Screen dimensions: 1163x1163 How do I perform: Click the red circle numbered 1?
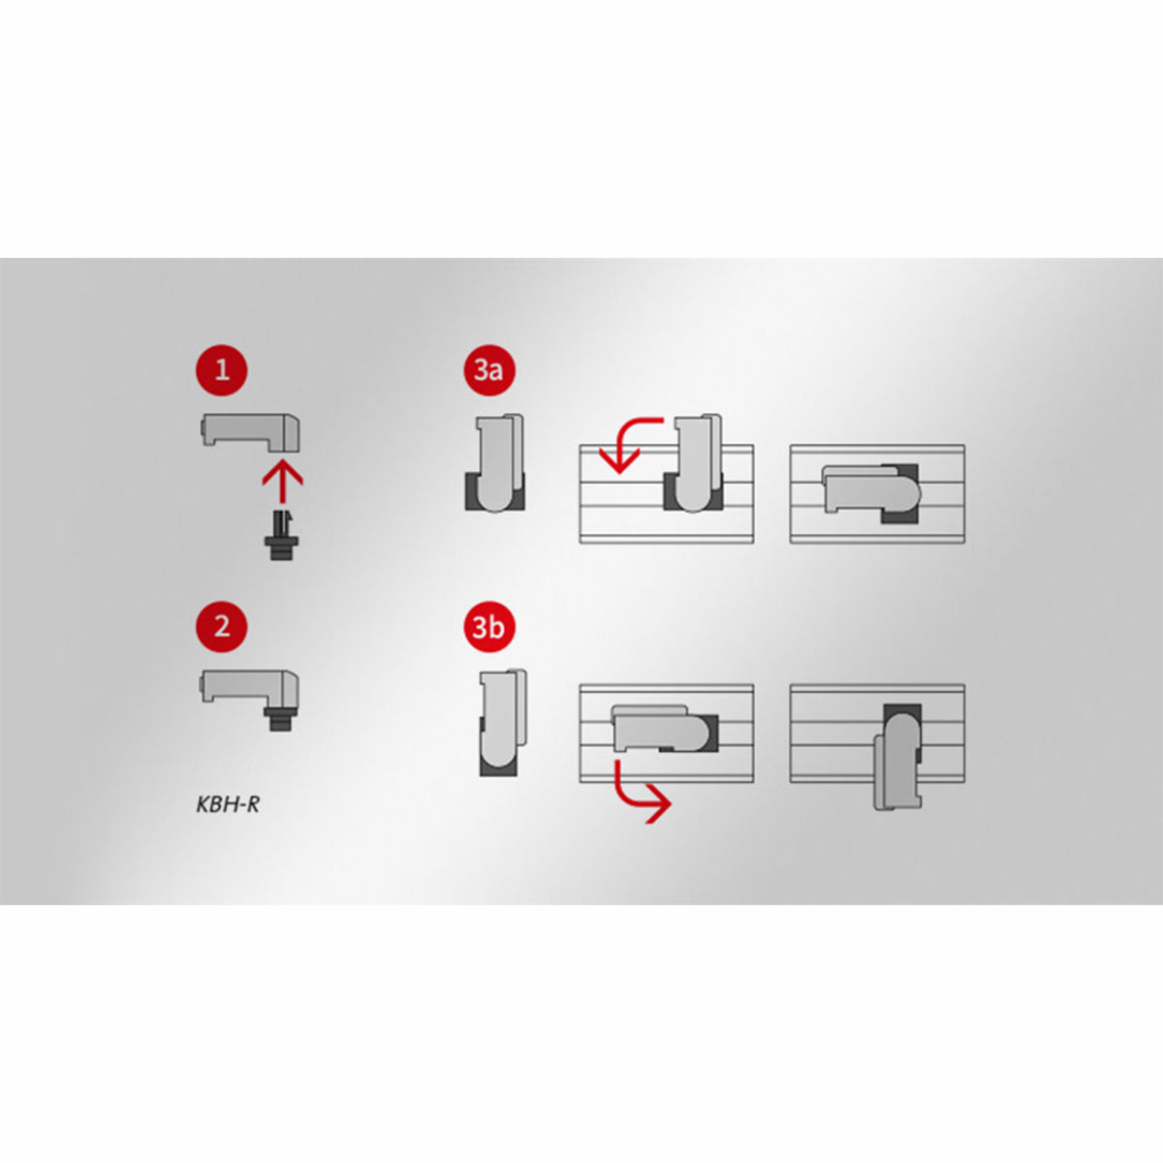[222, 369]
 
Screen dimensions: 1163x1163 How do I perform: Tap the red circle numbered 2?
[222, 626]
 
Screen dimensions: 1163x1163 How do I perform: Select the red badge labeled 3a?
[488, 369]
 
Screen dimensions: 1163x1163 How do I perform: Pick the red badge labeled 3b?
[488, 626]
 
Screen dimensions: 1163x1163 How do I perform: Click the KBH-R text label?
[228, 805]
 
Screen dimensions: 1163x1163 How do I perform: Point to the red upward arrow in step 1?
[282, 483]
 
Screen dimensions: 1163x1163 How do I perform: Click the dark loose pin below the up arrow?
[281, 536]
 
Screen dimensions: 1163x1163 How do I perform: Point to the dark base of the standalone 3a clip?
[495, 493]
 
